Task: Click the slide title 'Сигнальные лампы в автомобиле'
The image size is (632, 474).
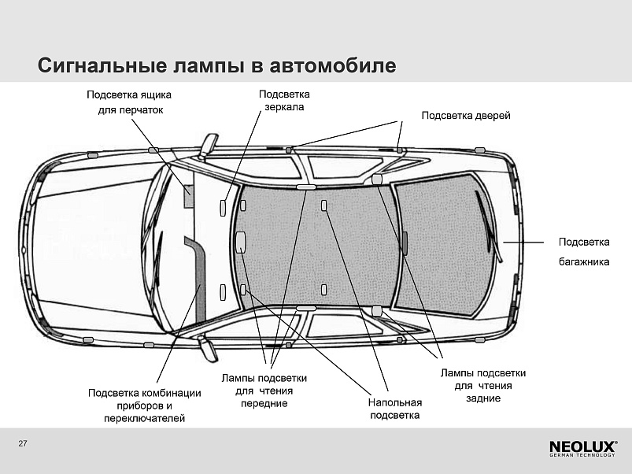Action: coord(217,65)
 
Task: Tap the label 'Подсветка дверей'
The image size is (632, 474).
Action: coord(466,116)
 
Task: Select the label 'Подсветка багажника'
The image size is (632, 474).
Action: coord(584,252)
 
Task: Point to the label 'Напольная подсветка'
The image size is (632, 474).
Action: coord(395,409)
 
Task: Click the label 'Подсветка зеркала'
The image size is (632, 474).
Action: coord(284,100)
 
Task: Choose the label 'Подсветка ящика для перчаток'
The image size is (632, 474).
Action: coord(129,102)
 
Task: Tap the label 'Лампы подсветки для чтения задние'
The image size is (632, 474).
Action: coord(483,386)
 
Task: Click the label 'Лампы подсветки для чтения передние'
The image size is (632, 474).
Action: coord(264,391)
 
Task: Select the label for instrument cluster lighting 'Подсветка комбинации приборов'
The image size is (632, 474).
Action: coord(144,405)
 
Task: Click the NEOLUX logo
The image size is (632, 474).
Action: coord(583,449)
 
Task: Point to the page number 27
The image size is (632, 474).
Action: coord(23,443)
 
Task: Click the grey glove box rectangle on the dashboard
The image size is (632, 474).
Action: coord(189,196)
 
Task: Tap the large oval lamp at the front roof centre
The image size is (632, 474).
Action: coord(240,241)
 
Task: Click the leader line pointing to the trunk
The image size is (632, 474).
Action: coord(523,243)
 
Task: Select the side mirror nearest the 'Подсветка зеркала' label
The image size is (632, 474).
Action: coord(209,144)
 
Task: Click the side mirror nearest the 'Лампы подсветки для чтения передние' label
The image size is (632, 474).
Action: coord(208,348)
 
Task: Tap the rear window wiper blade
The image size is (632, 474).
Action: coord(489,227)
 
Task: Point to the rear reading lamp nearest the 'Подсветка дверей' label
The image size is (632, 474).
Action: coord(376,179)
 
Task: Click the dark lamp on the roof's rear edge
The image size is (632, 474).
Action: coord(405,243)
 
